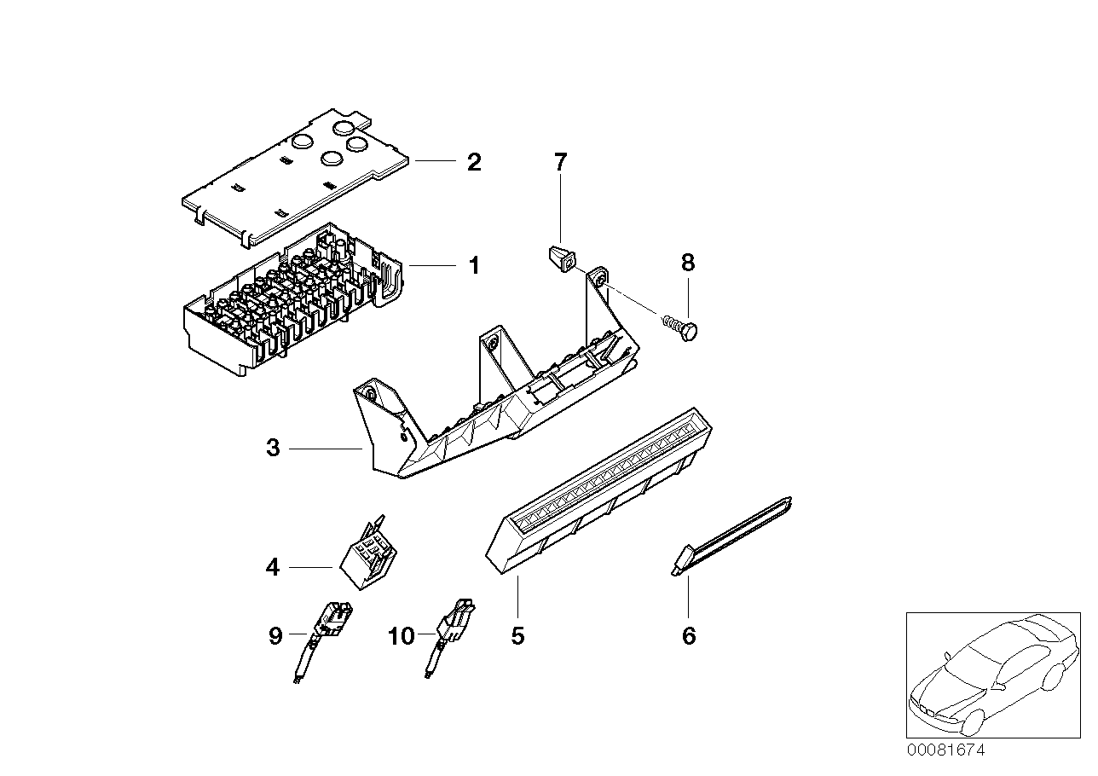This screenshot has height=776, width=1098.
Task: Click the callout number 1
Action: pyautogui.click(x=473, y=266)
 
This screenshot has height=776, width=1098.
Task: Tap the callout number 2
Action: pyautogui.click(x=473, y=161)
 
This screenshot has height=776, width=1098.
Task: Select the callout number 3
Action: pyautogui.click(x=273, y=448)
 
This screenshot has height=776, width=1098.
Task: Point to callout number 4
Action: pyautogui.click(x=273, y=566)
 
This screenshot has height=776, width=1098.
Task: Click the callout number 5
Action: pyautogui.click(x=517, y=635)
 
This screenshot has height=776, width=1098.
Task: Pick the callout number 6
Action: pyautogui.click(x=689, y=635)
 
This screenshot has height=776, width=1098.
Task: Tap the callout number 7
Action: pyautogui.click(x=560, y=161)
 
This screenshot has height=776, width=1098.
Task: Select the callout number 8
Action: pyautogui.click(x=689, y=263)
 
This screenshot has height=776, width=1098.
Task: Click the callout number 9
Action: pyautogui.click(x=274, y=635)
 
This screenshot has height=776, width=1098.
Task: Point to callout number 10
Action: pyautogui.click(x=401, y=635)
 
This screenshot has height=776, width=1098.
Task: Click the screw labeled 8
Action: pyautogui.click(x=683, y=329)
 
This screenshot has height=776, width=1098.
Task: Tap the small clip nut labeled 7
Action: pyautogui.click(x=560, y=257)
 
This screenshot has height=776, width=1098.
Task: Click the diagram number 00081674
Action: pyautogui.click(x=945, y=751)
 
